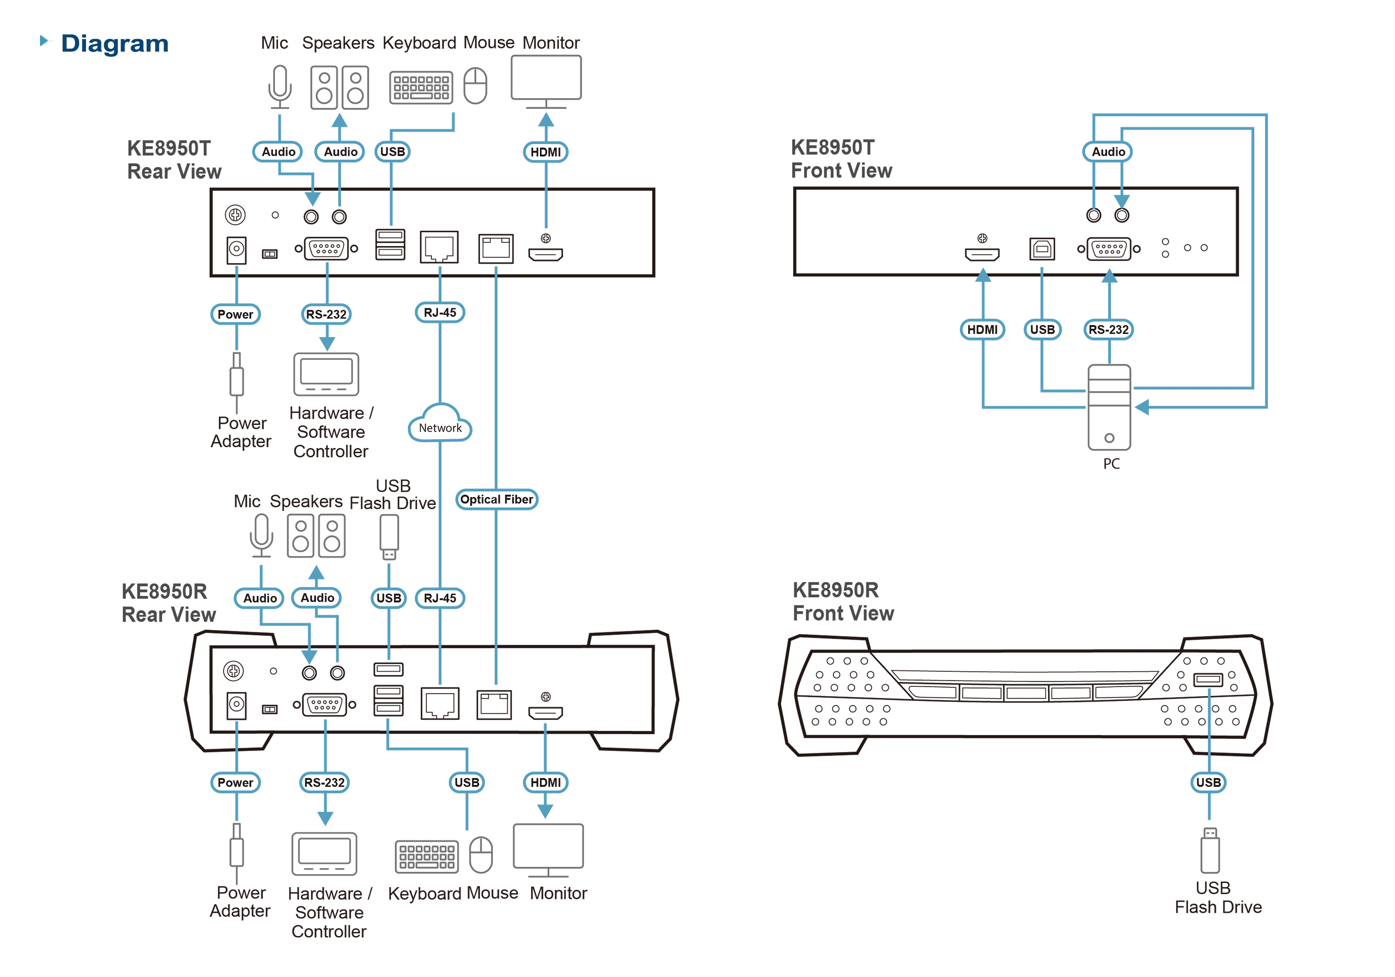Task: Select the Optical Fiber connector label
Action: [x=497, y=499]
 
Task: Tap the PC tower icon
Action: [x=1109, y=408]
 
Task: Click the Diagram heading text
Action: [x=115, y=43]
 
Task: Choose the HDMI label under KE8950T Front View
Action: [x=983, y=329]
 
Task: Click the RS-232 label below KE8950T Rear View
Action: [x=326, y=315]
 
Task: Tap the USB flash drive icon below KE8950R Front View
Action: [x=1209, y=850]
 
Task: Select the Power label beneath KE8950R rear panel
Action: [x=235, y=783]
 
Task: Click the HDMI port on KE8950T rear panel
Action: [x=545, y=254]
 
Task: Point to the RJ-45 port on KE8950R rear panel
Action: [x=440, y=704]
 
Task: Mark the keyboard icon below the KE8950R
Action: [x=426, y=856]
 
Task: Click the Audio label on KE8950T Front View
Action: [x=1108, y=151]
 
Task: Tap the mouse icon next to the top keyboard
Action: [x=475, y=86]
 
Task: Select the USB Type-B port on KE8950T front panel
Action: [x=1042, y=248]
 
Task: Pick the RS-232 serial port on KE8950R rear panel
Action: [x=325, y=705]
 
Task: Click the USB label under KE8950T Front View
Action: [x=1042, y=329]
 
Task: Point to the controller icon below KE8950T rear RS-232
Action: [x=326, y=374]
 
